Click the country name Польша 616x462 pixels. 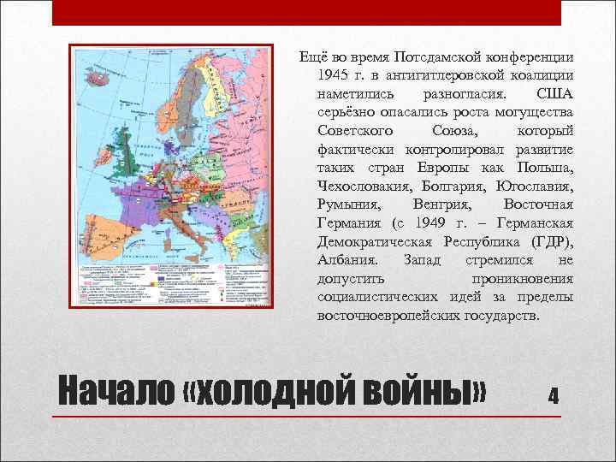pyautogui.click(x=549, y=167)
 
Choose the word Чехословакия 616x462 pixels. pyautogui.click(x=362, y=186)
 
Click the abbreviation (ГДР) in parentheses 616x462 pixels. pyautogui.click(x=552, y=241)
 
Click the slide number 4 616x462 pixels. pyautogui.click(x=554, y=395)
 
